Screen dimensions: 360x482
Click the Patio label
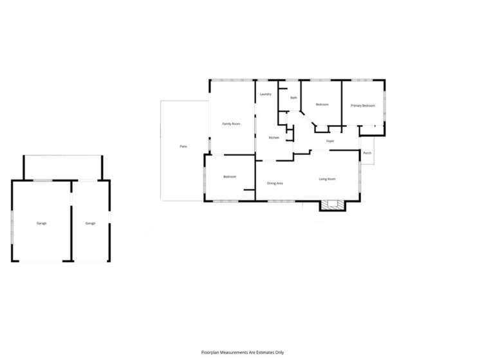click(x=183, y=147)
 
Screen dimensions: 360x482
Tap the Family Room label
click(x=231, y=123)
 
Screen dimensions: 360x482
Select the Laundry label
click(x=265, y=94)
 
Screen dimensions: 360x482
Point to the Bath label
click(x=293, y=98)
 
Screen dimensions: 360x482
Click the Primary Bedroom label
click(x=362, y=105)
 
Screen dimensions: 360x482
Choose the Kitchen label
click(x=273, y=138)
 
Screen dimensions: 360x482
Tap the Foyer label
click(x=329, y=141)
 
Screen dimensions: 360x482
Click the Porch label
click(x=367, y=153)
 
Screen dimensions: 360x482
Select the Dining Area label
click(x=275, y=183)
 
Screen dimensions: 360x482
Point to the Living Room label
click(x=328, y=179)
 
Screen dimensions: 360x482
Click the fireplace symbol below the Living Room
click(x=333, y=205)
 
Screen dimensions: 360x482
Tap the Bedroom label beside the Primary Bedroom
click(x=322, y=104)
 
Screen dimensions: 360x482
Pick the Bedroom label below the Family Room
click(x=230, y=177)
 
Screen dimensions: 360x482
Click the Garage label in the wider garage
click(x=41, y=223)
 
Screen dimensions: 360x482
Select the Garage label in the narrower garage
click(x=90, y=223)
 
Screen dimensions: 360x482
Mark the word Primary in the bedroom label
click(x=356, y=105)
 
